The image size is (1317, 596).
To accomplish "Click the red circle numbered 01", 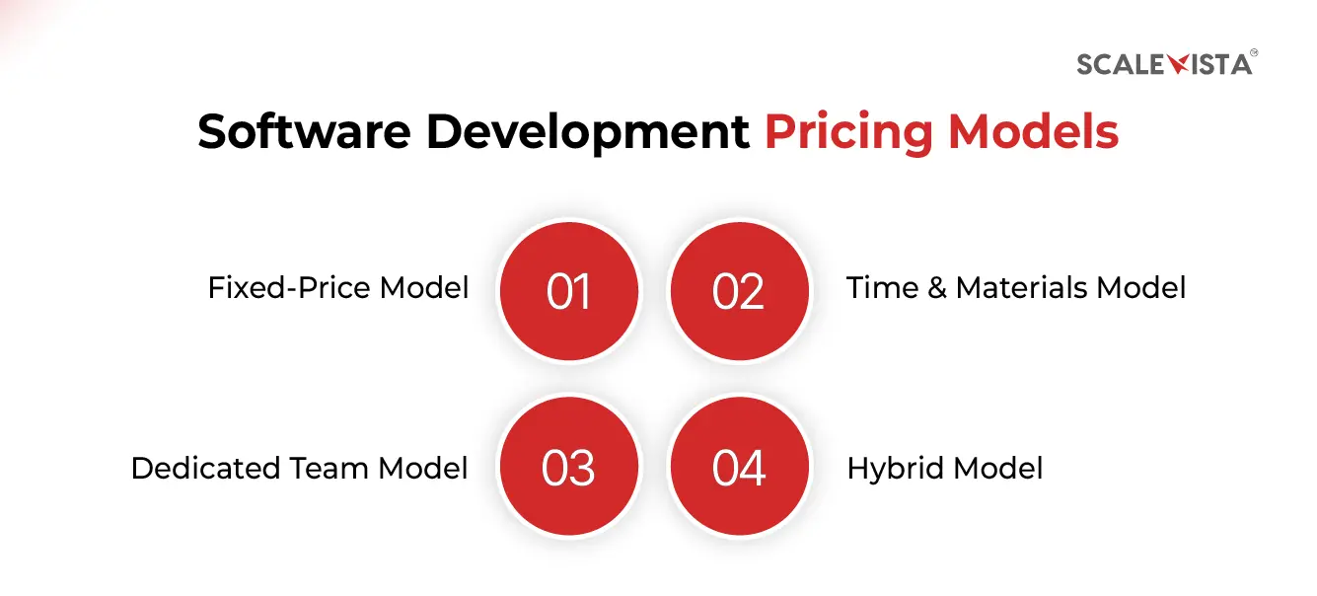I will [x=569, y=290].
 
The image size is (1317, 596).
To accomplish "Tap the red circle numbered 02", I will [x=739, y=290].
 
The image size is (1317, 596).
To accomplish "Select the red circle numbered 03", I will [x=569, y=467].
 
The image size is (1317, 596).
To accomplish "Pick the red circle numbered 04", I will [x=739, y=467].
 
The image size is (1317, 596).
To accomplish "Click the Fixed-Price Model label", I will [x=338, y=288].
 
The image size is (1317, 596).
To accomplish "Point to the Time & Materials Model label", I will [x=1016, y=288].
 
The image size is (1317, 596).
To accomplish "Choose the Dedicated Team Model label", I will [x=300, y=467].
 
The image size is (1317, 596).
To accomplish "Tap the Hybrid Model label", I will [x=945, y=467].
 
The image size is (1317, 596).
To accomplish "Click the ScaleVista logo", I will [x=1165, y=64].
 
